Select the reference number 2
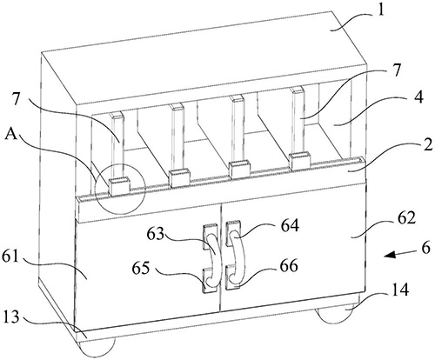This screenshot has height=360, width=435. pos(427,145)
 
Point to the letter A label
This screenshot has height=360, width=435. pos(12,136)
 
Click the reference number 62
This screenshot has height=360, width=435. pos(405,218)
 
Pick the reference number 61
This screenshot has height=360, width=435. pos(11,256)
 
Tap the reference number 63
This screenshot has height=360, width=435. pos(155,233)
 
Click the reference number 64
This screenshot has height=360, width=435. pos(290,225)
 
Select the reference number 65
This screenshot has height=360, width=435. pos(141,268)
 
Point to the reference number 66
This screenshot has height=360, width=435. pos(289,265)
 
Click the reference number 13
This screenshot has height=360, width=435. pos(11,317)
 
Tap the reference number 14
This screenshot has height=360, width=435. pos(400,290)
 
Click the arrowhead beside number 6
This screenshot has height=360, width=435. pos(390,255)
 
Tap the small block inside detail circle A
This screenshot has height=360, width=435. pos(120,186)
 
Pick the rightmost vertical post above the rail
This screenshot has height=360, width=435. pos(299,121)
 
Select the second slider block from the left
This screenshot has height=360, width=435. pos(179,178)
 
